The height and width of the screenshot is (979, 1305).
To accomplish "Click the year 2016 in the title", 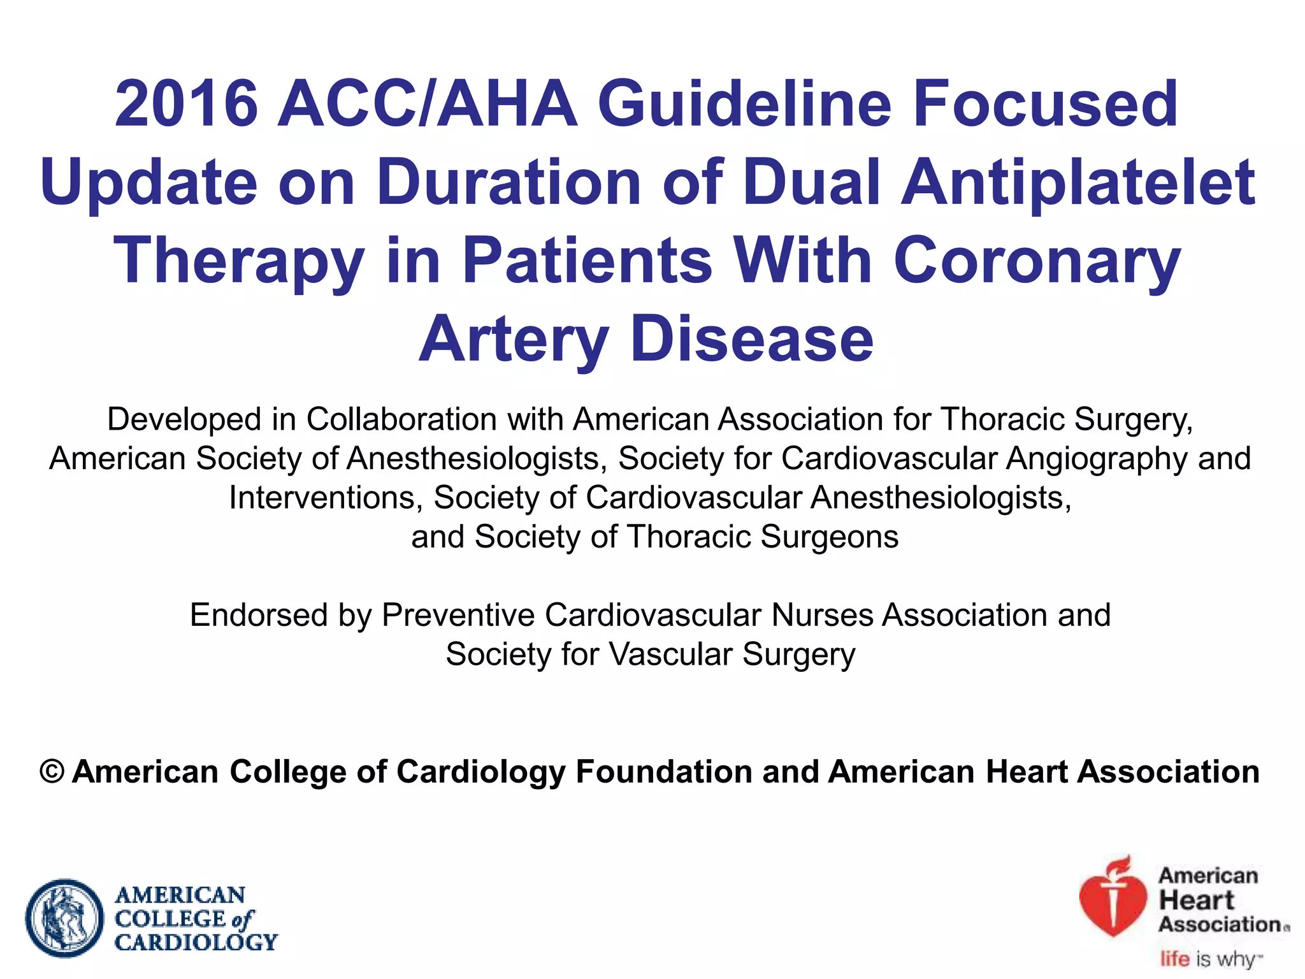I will [x=186, y=103].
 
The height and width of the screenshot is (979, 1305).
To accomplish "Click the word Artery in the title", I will [x=514, y=340].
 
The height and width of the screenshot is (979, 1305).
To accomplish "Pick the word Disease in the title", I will [x=752, y=339].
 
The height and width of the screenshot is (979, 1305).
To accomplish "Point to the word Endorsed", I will [x=259, y=615].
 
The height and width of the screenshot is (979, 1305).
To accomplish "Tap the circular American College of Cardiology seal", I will [x=64, y=918].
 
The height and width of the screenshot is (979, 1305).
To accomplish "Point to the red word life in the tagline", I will [x=1174, y=959].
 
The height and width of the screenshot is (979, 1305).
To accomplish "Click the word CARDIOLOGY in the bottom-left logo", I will [x=196, y=942].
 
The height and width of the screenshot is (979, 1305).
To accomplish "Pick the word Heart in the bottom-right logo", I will [x=1196, y=901].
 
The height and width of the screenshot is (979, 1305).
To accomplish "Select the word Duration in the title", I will [x=508, y=182].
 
